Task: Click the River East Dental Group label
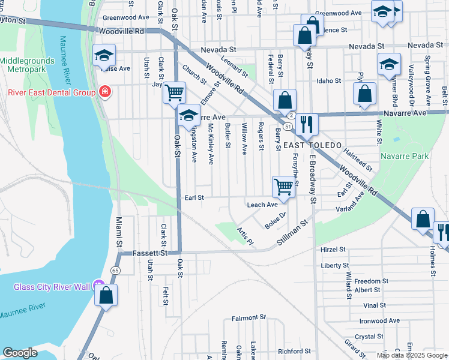[x=51, y=92]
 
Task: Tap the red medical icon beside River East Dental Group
[x=105, y=92]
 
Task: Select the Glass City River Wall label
[x=51, y=286]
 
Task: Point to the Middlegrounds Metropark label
[x=25, y=65]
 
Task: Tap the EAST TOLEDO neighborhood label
[x=312, y=146]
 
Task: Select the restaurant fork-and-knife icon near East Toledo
[x=307, y=124]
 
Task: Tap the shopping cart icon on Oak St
[x=174, y=93]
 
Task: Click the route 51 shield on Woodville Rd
[x=289, y=127]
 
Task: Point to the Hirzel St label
[x=334, y=249]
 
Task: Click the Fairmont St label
[x=249, y=317]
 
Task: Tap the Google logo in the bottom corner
[x=20, y=353]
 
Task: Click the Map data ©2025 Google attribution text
[x=411, y=355]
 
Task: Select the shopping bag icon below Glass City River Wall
[x=106, y=296]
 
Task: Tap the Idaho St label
[x=329, y=80]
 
